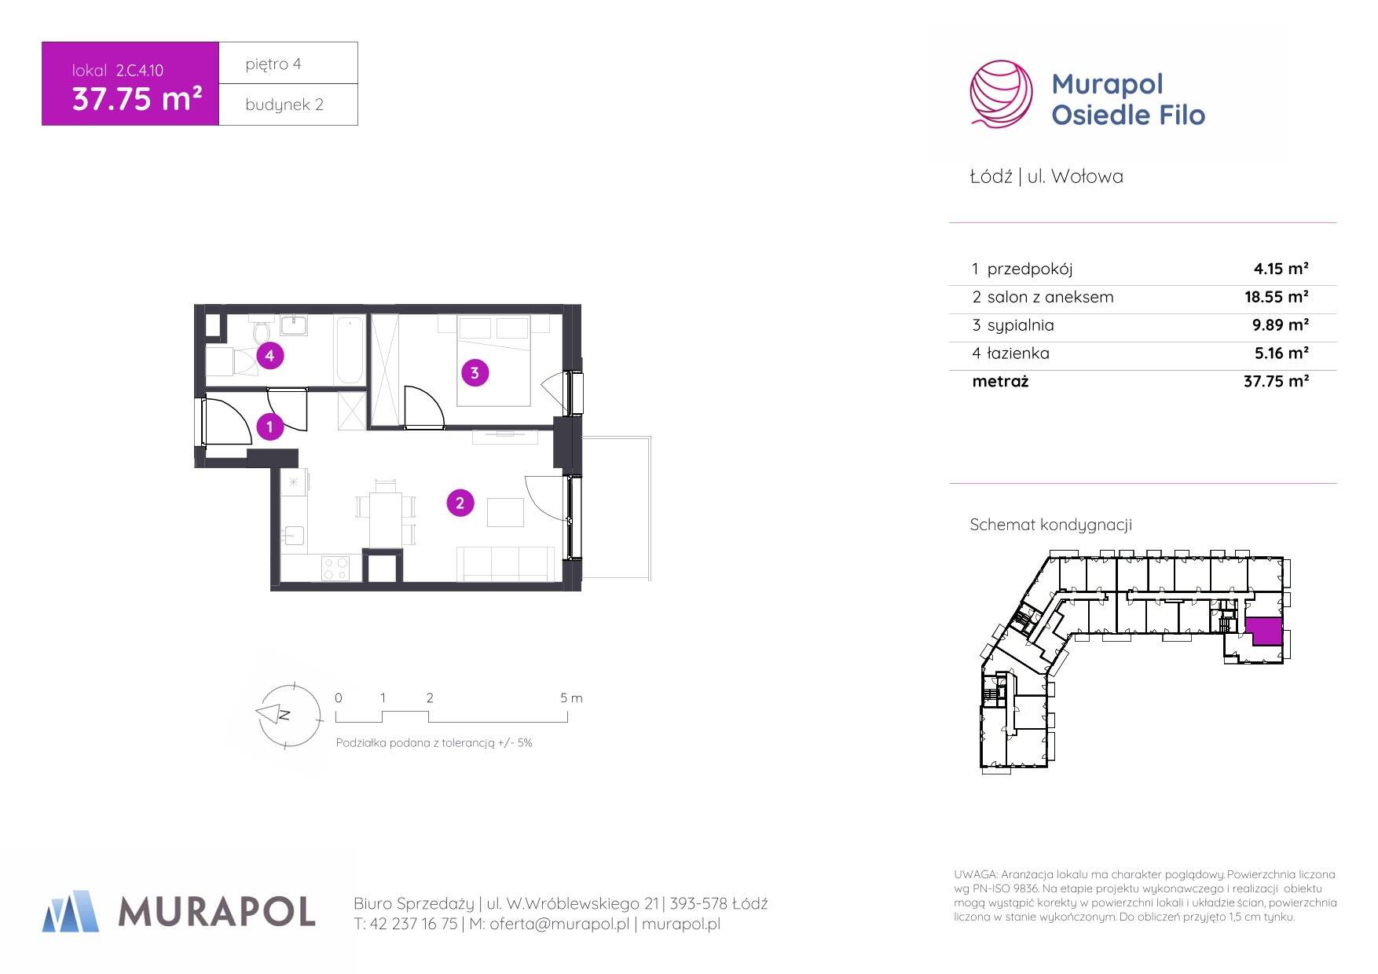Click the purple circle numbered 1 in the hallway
269,427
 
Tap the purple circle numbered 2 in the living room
460,503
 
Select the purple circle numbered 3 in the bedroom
474,372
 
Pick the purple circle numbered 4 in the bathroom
269,355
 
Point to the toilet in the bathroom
262,331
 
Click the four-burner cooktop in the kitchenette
336,567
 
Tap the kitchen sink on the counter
294,535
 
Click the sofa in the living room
506,564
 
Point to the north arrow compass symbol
288,715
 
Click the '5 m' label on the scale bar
571,698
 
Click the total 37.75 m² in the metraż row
1276,381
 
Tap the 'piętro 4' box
288,63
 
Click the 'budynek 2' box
288,104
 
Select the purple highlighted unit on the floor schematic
1263,630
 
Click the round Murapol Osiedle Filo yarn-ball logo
1001,93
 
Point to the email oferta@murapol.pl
559,925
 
